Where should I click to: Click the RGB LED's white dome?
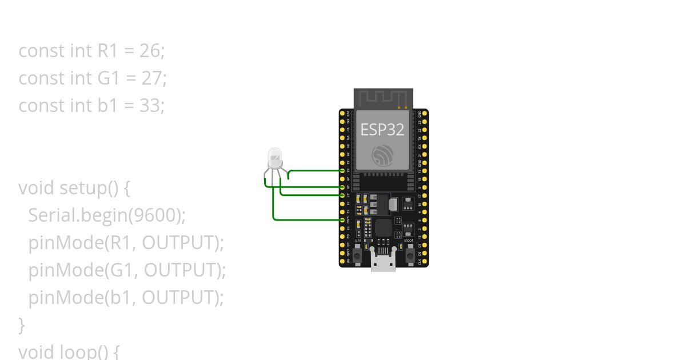pyautogui.click(x=275, y=155)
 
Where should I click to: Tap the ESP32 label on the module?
pyautogui.click(x=382, y=130)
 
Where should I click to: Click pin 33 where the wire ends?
pyautogui.click(x=342, y=171)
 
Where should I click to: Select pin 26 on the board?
pyautogui.click(x=342, y=187)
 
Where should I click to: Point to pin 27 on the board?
pyautogui.click(x=342, y=195)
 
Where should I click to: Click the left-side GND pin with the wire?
pyautogui.click(x=342, y=220)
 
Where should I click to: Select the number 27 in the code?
pyautogui.click(x=153, y=78)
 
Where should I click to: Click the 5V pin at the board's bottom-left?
pyautogui.click(x=342, y=261)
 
